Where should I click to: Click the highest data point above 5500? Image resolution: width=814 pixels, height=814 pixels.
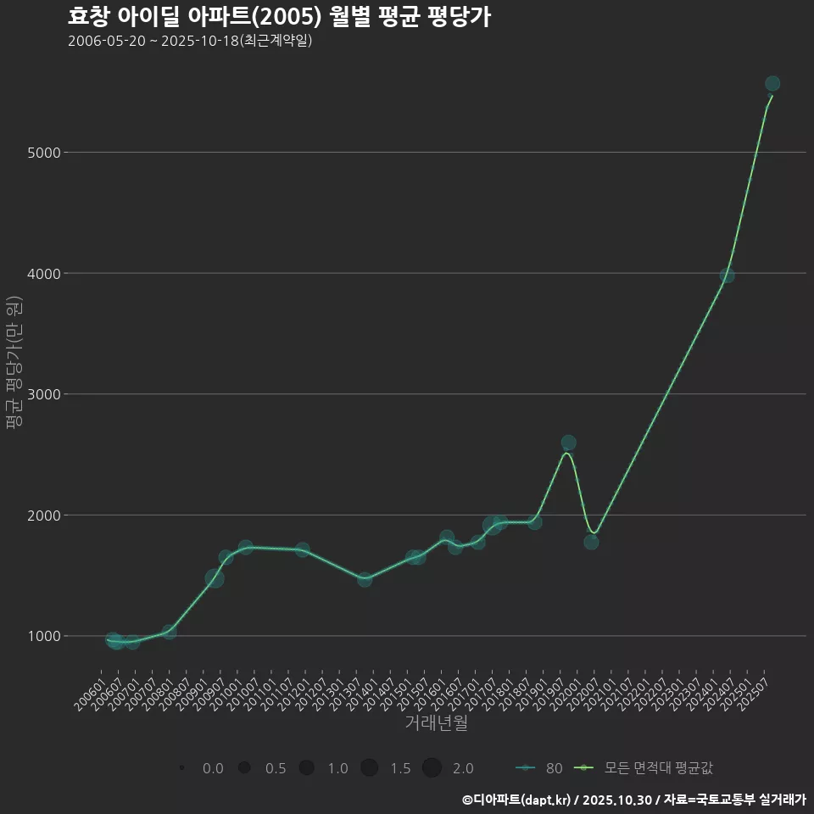coord(772,83)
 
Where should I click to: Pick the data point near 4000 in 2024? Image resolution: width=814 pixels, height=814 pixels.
coord(727,276)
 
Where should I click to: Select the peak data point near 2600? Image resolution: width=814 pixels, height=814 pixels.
coord(568,443)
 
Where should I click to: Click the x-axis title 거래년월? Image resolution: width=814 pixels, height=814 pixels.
coord(436,723)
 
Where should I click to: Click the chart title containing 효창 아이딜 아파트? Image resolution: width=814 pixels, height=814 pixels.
coord(279,18)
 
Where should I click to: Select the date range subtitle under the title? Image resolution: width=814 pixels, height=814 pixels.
coord(190,41)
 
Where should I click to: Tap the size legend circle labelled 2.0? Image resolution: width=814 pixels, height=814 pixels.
coord(432,768)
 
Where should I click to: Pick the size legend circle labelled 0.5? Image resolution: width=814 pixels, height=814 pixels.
coord(244,768)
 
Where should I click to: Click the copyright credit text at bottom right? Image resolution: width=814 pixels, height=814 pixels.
coord(634,800)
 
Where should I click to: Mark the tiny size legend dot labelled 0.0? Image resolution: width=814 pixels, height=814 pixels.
coord(182,768)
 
